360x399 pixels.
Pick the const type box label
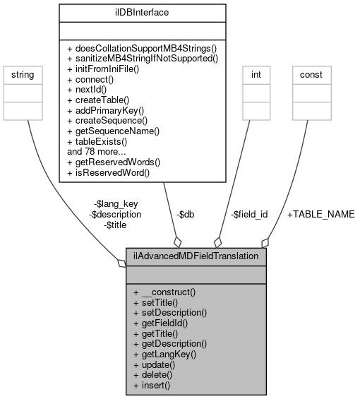311,73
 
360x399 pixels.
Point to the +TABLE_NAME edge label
320,214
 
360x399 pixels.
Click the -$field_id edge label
251,214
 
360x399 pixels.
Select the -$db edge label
185,214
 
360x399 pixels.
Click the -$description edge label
114,214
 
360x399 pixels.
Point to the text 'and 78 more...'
96,152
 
